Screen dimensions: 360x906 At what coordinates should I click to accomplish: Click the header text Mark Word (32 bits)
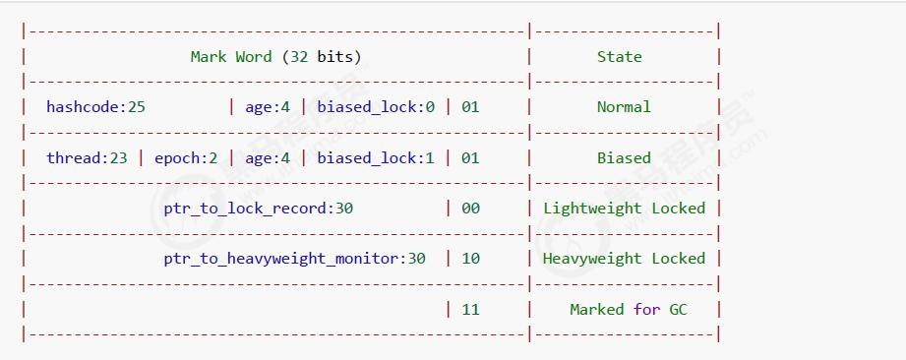[x=275, y=57]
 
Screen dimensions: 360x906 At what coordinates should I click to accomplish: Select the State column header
[x=619, y=57]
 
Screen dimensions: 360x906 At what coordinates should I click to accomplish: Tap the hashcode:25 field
[x=95, y=107]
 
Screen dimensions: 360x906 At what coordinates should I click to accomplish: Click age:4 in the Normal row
[x=268, y=107]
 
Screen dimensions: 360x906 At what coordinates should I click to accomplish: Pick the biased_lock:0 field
[x=376, y=107]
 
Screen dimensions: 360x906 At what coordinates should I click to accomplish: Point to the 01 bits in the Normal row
[x=470, y=107]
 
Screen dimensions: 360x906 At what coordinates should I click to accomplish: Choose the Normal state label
[x=624, y=107]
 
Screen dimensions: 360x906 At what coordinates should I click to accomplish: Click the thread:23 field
[x=87, y=157]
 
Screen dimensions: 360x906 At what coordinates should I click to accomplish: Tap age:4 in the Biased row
[x=268, y=157]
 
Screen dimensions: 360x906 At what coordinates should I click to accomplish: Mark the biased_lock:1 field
[x=376, y=157]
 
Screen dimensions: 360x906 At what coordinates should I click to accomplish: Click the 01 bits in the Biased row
[x=470, y=157]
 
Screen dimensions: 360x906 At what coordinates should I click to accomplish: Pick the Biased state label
[x=624, y=157]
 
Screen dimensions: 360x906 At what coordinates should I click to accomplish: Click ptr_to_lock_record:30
[x=259, y=209]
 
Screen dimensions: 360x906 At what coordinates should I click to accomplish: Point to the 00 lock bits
[x=470, y=209]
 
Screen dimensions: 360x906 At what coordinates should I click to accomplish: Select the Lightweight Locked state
[x=624, y=209]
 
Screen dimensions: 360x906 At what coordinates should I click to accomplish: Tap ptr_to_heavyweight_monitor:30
[x=294, y=259]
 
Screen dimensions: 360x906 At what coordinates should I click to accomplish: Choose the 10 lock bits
[x=470, y=259]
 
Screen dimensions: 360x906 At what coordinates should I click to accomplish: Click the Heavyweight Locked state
[x=624, y=259]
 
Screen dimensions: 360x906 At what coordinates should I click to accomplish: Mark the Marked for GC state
[x=629, y=310]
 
